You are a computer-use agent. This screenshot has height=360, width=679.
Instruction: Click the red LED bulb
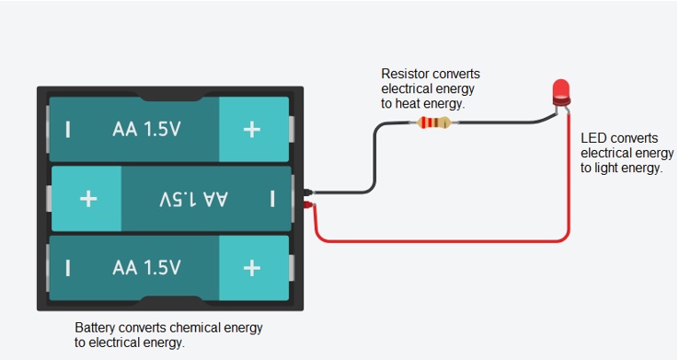click(x=561, y=92)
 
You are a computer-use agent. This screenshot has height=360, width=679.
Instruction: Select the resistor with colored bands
click(x=433, y=122)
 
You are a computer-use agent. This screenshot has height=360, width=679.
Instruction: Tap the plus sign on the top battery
click(x=251, y=130)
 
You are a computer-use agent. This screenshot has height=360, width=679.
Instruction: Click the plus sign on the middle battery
click(x=88, y=199)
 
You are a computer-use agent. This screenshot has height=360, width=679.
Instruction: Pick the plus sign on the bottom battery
click(x=251, y=268)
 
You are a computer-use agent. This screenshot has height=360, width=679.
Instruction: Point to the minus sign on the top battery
click(x=68, y=130)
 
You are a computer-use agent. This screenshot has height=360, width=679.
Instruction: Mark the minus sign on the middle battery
click(x=272, y=199)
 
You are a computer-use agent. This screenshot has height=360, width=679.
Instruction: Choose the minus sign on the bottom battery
click(x=68, y=268)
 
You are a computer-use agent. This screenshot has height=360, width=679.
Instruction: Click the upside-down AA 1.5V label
click(x=193, y=199)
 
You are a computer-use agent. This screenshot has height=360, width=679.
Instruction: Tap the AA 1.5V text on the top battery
click(x=146, y=129)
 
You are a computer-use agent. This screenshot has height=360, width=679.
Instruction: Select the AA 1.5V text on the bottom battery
click(x=146, y=268)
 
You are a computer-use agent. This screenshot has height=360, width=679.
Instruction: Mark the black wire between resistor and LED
click(x=502, y=122)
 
